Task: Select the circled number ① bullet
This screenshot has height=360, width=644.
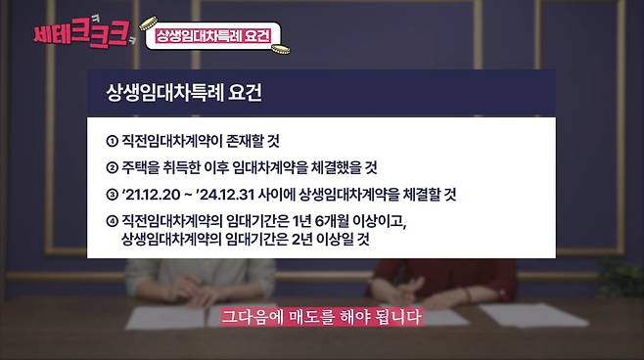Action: tap(111, 140)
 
